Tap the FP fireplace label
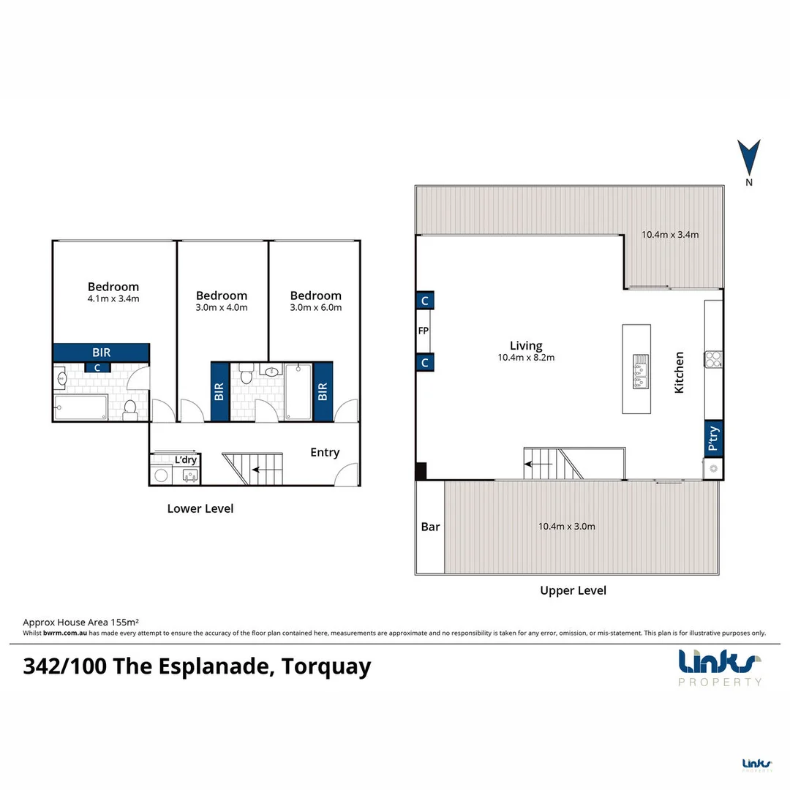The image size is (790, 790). [423, 331]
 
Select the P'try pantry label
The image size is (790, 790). [714, 440]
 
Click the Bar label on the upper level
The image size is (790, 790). [430, 527]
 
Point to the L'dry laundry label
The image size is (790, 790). [186, 459]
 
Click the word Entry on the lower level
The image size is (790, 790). [325, 452]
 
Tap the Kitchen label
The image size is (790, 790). [680, 372]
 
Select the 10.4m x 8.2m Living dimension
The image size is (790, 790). [526, 358]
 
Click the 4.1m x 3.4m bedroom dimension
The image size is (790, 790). [113, 298]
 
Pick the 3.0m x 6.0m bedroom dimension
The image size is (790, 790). [316, 307]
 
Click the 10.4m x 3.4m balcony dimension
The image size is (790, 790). [670, 235]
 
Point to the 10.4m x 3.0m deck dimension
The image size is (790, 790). [566, 526]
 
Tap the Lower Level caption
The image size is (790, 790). [200, 508]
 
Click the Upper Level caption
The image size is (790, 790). [573, 590]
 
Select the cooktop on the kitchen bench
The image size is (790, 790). [713, 358]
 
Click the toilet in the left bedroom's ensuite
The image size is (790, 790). [131, 410]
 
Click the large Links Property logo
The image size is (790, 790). [721, 667]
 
